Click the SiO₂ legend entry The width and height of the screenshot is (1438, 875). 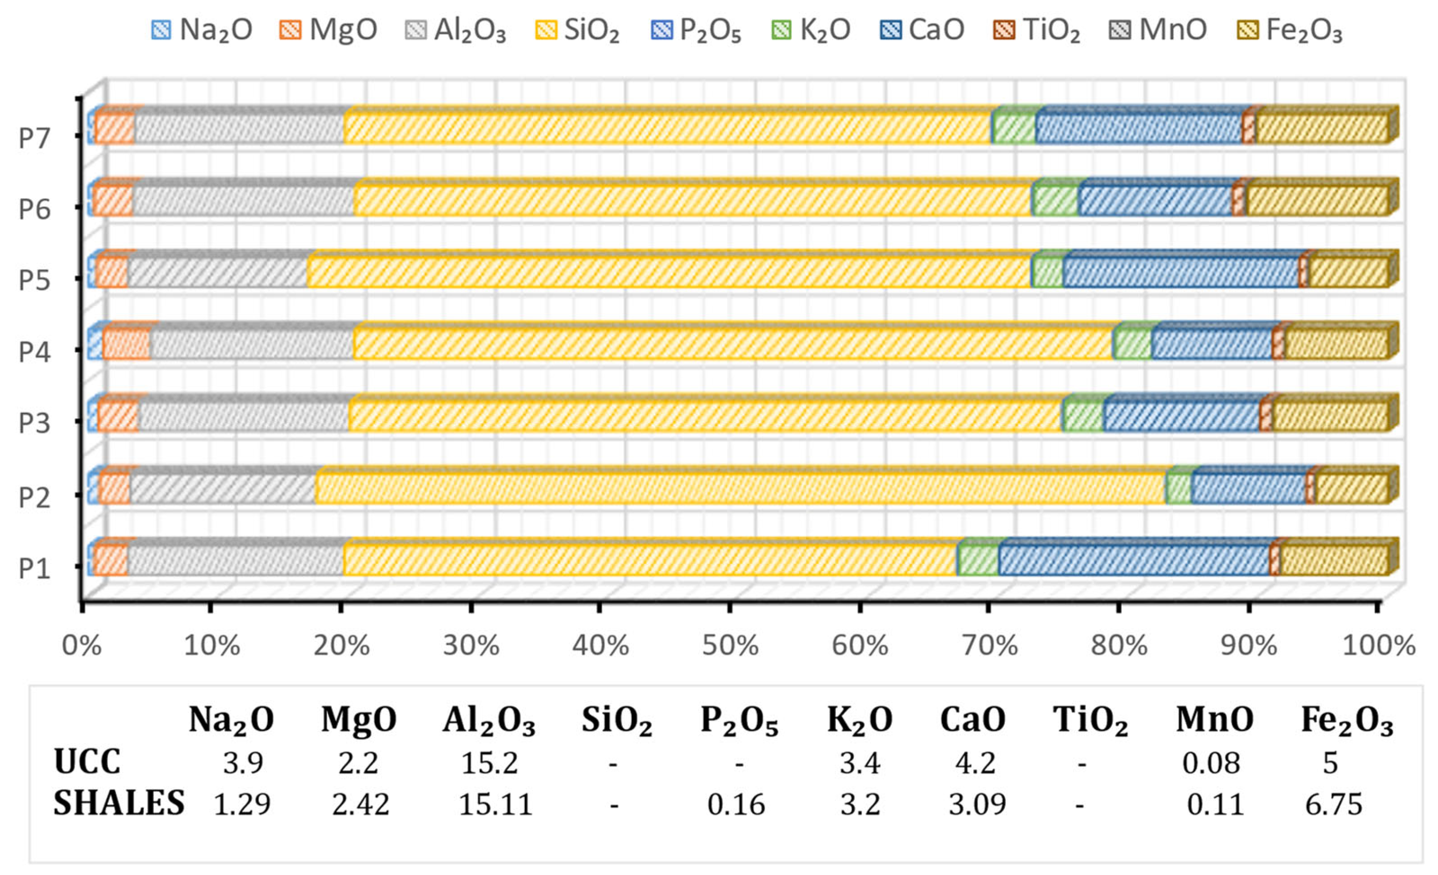click(x=578, y=30)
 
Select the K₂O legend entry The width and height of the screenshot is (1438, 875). click(x=811, y=30)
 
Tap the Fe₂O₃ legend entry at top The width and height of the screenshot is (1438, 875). click(x=1290, y=30)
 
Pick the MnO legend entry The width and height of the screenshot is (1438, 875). click(x=1159, y=30)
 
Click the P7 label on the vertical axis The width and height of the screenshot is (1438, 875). click(x=34, y=138)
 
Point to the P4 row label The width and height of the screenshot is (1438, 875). click(x=34, y=352)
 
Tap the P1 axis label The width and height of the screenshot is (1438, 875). click(x=34, y=568)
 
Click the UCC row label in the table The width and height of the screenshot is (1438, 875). click(x=87, y=762)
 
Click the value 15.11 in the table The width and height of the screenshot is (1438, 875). click(x=495, y=804)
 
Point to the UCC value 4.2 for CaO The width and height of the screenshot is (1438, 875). click(x=975, y=763)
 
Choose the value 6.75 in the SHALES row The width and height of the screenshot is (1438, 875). click(x=1333, y=804)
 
